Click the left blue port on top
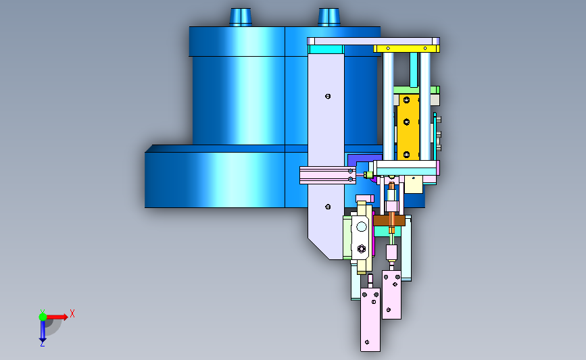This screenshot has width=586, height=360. (x=241, y=17)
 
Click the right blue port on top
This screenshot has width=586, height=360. (x=329, y=17)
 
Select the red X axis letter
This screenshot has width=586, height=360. (x=72, y=313)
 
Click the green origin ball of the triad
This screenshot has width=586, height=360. (x=43, y=317)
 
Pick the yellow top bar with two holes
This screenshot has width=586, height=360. (x=406, y=49)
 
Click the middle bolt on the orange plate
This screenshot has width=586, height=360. (x=407, y=122)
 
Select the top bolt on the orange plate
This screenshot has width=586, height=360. (x=407, y=100)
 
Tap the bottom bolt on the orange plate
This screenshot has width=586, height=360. (x=407, y=154)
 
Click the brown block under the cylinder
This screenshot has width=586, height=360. (x=389, y=221)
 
